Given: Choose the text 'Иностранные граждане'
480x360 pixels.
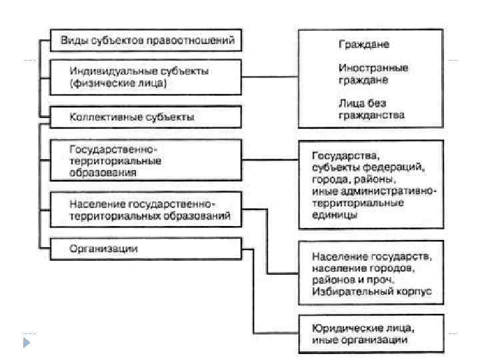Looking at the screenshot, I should click(373, 73).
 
